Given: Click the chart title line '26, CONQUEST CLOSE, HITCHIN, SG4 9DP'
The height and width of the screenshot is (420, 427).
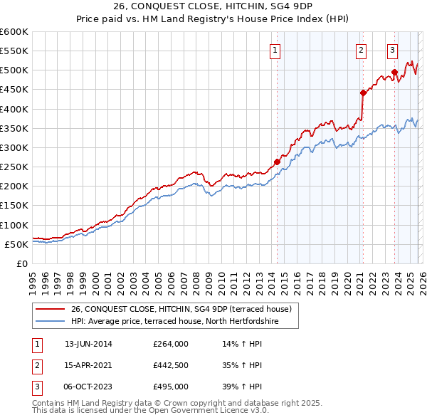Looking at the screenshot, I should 213,6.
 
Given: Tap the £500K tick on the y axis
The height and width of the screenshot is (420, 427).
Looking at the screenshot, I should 14,70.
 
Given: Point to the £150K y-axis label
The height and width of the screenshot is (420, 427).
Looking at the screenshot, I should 14,206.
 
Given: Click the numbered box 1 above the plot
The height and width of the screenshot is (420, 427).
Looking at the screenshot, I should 275,50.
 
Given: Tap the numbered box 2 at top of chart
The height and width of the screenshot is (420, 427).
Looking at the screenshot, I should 362,50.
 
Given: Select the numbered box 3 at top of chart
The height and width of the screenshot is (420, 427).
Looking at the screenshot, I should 392,50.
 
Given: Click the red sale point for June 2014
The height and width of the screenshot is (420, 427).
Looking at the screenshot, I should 277,162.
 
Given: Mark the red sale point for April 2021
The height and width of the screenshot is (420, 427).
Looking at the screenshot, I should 362,93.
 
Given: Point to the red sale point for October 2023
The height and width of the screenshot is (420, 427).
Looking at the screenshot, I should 394,72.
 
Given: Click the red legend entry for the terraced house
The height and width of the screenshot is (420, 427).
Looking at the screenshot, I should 181,310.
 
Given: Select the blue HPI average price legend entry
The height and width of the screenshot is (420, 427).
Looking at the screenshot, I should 174,322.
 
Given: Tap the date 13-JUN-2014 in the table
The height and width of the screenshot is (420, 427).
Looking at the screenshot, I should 88,344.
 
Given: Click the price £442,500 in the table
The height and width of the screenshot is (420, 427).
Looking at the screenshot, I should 171,365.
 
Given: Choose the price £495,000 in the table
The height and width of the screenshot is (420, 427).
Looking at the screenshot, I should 171,387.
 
